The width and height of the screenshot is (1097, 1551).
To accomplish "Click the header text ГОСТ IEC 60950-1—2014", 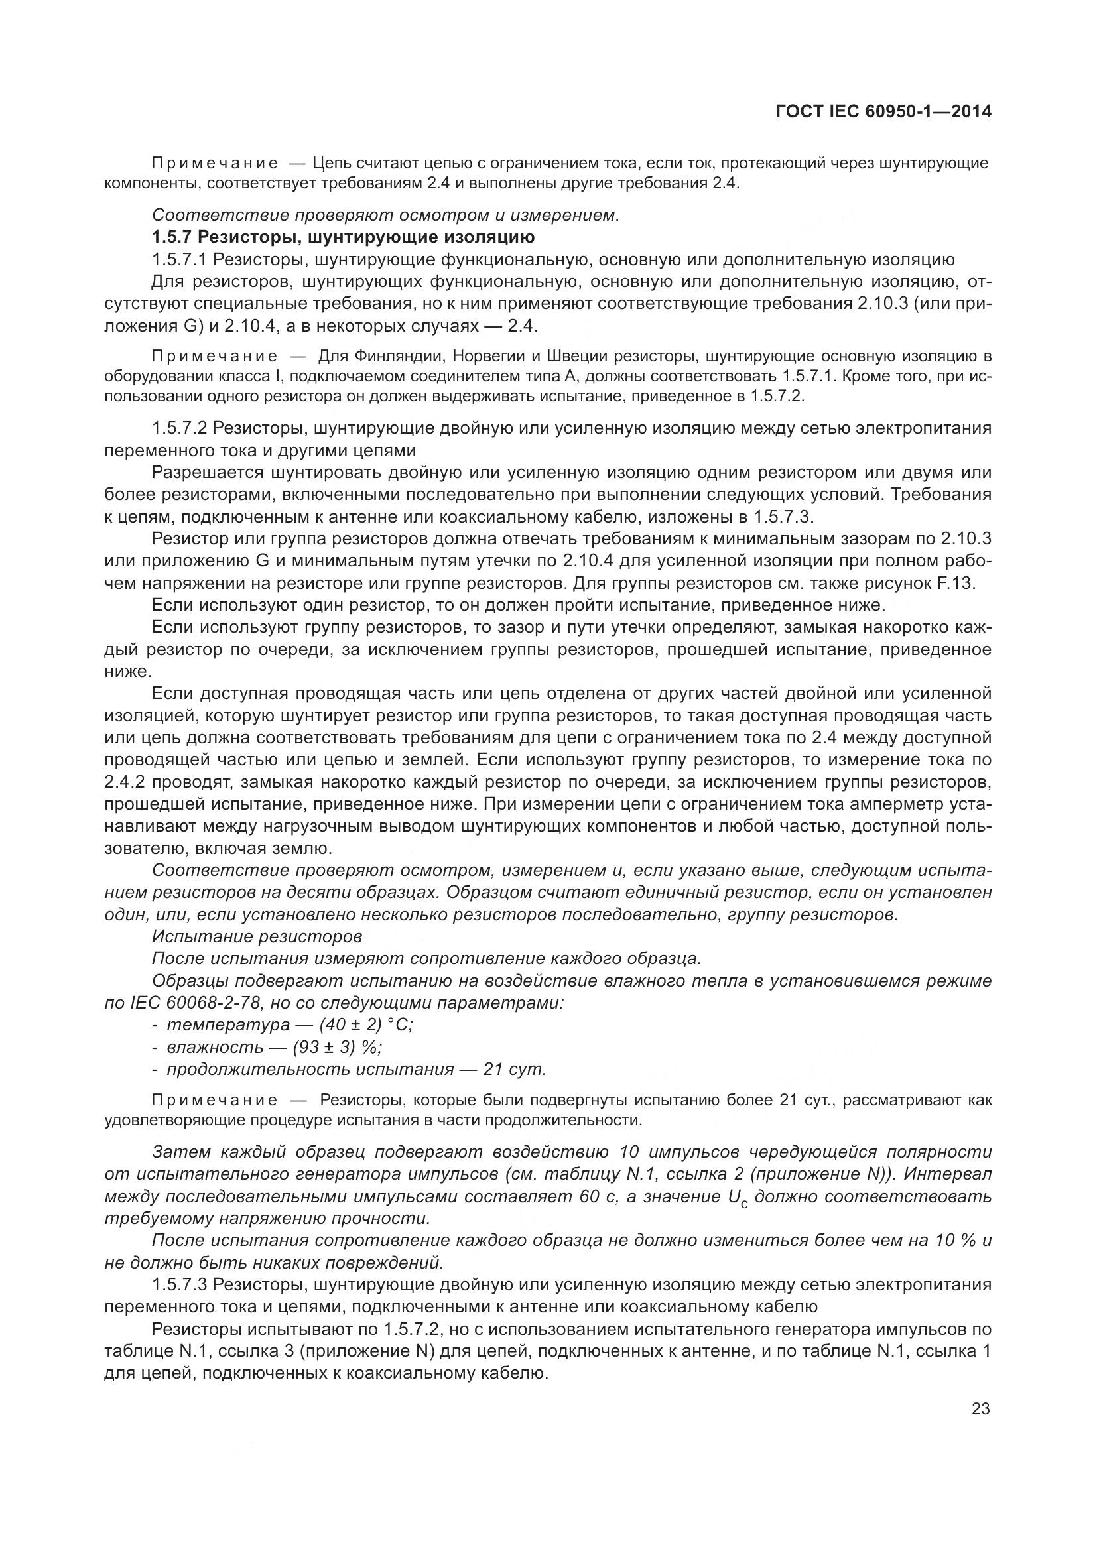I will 883,112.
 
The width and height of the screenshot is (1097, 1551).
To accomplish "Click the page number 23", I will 980,1409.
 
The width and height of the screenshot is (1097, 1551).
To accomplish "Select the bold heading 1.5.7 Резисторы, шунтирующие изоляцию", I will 343,237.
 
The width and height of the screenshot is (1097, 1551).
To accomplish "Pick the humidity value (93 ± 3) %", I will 338,1047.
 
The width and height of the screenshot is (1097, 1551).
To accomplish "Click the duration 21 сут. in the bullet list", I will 515,1070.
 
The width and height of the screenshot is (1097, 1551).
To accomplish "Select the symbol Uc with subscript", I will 738,1197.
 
